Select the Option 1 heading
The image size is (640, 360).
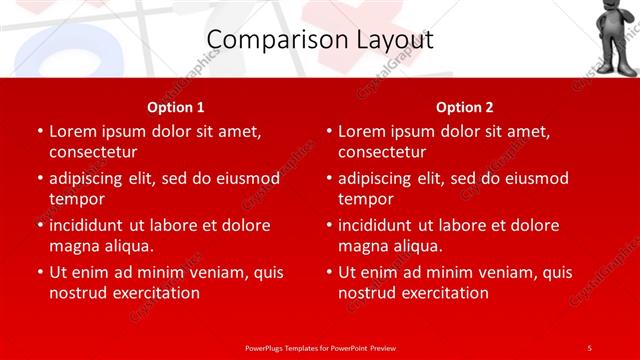(176, 106)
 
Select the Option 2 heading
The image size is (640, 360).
(465, 106)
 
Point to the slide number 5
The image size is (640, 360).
(589, 347)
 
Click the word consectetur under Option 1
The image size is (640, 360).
(93, 152)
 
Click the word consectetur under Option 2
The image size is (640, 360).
(382, 152)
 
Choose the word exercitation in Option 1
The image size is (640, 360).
(155, 293)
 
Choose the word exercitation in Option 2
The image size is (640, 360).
(444, 293)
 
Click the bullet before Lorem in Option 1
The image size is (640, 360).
(38, 131)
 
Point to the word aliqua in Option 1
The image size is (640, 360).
(126, 246)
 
